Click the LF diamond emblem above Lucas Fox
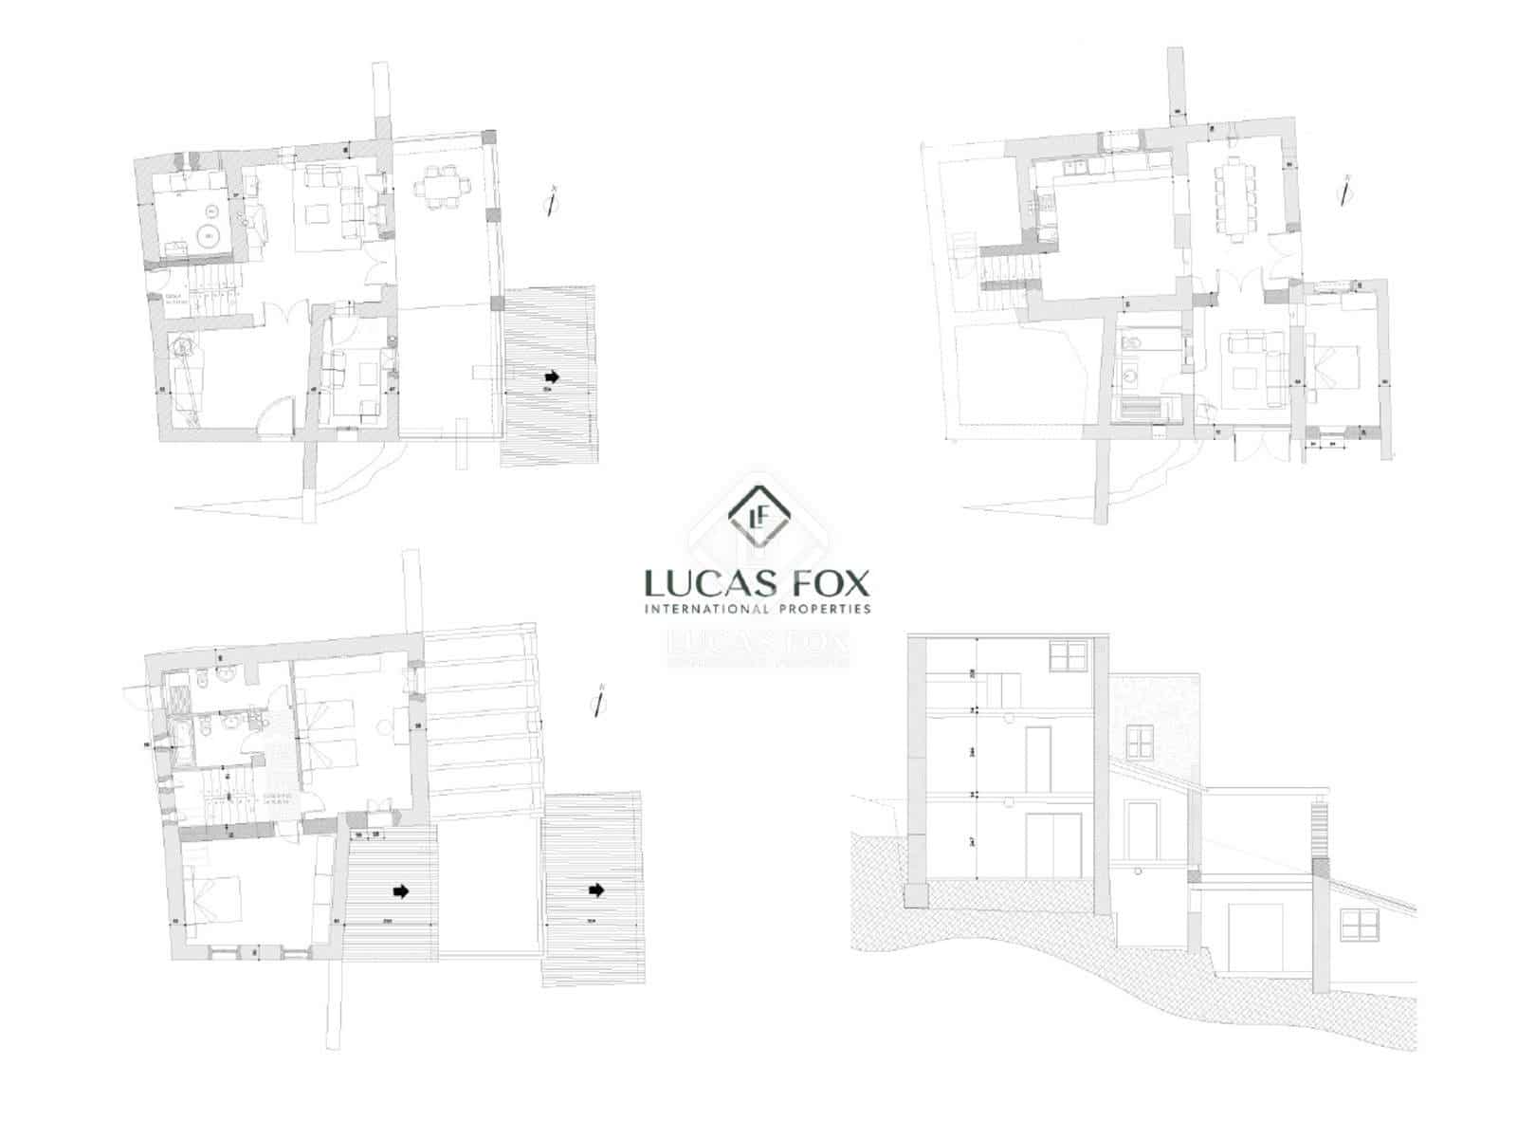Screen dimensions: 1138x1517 point(758,517)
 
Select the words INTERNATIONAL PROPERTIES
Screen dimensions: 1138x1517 point(757,609)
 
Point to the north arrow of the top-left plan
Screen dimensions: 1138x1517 point(551,202)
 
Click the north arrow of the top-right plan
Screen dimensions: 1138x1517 point(1343,191)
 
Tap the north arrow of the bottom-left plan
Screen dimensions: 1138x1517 point(597,701)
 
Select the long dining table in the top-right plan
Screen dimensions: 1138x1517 point(1235,199)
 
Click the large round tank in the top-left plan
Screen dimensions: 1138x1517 point(209,235)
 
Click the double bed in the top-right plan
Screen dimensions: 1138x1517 point(1337,365)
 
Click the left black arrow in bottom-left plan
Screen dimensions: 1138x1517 point(401,891)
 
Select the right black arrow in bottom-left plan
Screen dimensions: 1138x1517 point(596,890)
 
